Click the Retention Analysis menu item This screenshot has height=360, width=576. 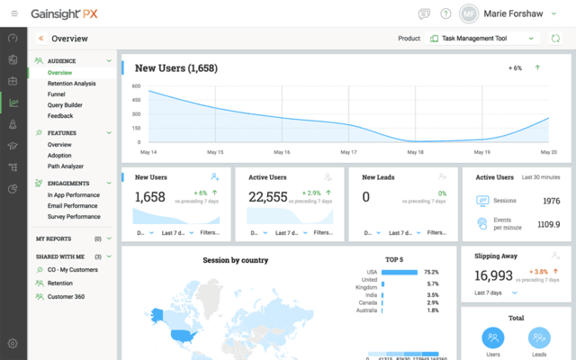pyautogui.click(x=72, y=84)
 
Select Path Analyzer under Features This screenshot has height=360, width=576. pyautogui.click(x=66, y=166)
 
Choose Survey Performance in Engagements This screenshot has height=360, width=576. pyautogui.click(x=74, y=217)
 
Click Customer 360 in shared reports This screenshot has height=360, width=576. pyautogui.click(x=67, y=296)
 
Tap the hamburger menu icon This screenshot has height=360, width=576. pyautogui.click(x=13, y=13)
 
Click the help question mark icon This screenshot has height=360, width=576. pyautogui.click(x=445, y=13)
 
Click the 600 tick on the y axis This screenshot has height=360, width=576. pyautogui.click(x=136, y=86)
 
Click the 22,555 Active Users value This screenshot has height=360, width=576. pyautogui.click(x=268, y=197)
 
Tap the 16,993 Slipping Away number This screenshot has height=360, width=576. pyautogui.click(x=494, y=274)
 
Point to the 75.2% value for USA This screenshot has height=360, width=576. pyautogui.click(x=431, y=272)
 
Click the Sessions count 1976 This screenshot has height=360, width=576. pyautogui.click(x=551, y=201)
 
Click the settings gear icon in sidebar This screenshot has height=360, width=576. pyautogui.click(x=13, y=343)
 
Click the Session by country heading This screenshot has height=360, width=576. pyautogui.click(x=236, y=260)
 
